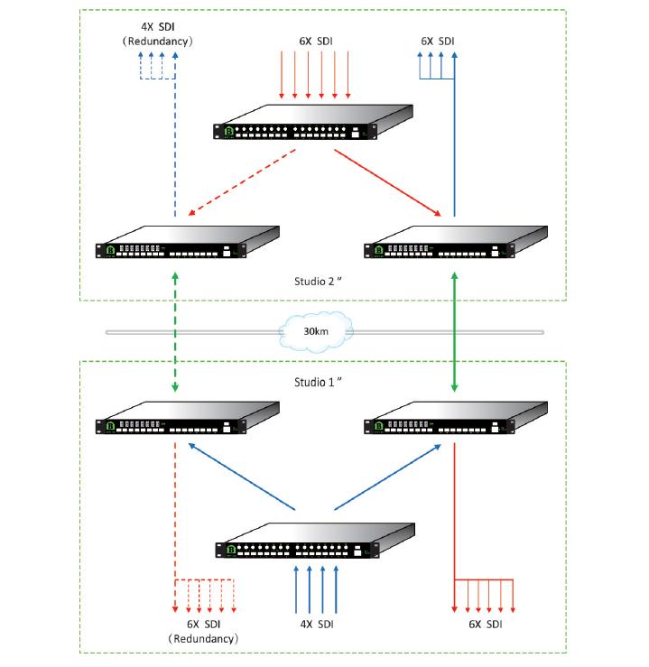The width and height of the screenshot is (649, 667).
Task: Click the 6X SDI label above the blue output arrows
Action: (438, 42)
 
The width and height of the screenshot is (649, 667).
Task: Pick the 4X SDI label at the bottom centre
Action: (315, 625)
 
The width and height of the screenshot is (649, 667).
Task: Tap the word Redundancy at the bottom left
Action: (203, 638)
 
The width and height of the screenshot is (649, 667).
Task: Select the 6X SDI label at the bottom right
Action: (485, 625)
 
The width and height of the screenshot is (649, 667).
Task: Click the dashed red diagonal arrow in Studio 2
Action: (242, 183)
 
